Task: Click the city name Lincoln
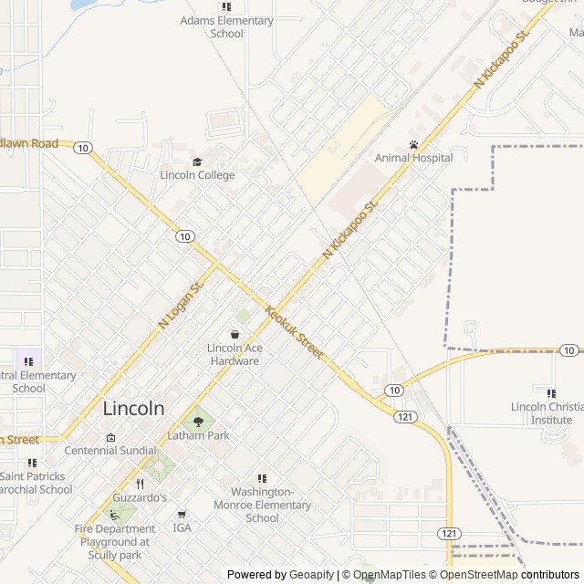134,408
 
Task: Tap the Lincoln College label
197,175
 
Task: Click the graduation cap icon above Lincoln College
197,162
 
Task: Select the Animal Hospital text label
413,158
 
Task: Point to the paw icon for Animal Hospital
413,144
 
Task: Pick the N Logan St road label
180,304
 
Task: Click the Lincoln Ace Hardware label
234,354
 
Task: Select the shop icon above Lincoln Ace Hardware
235,334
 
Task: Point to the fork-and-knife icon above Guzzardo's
140,484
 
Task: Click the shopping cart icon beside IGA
182,515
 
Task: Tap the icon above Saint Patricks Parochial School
32,463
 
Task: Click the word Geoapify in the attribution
311,575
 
